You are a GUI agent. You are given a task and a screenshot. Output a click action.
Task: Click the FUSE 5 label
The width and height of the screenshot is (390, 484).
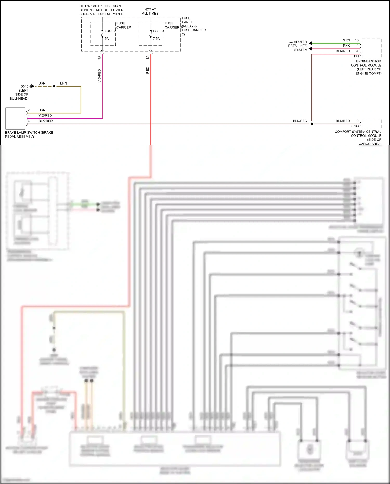(x=110, y=31)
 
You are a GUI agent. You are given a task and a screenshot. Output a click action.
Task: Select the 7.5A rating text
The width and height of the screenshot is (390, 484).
(x=156, y=39)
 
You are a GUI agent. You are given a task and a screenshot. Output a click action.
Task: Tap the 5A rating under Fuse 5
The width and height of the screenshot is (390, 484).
(x=107, y=39)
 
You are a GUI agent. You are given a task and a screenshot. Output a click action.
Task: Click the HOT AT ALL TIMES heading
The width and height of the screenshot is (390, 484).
(x=150, y=11)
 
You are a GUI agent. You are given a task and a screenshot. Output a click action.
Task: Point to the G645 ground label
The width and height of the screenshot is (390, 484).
(x=24, y=86)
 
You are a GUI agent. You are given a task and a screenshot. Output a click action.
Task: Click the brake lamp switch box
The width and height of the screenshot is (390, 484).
(x=15, y=118)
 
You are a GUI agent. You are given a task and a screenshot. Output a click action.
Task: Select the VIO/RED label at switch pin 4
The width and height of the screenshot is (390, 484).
(x=45, y=115)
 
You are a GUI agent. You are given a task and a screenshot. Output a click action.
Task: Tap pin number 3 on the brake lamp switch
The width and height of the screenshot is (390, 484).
(x=29, y=121)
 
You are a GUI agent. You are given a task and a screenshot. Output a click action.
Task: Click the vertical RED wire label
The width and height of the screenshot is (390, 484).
(x=148, y=70)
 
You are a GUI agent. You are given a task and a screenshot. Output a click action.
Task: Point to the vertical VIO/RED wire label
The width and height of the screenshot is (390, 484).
(x=99, y=76)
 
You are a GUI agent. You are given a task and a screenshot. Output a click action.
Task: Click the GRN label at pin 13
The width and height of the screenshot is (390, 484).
(x=346, y=40)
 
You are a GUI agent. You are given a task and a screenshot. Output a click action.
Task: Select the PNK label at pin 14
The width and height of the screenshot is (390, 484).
(x=346, y=46)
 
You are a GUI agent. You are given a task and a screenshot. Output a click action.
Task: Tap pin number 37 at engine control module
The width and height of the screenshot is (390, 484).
(x=356, y=51)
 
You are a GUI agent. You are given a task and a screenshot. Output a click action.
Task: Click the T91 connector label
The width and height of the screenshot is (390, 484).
(x=356, y=56)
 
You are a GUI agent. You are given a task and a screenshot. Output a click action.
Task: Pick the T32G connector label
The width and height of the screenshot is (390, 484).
(x=354, y=126)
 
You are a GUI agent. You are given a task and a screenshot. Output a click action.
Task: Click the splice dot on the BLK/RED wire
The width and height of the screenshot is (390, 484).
(x=312, y=124)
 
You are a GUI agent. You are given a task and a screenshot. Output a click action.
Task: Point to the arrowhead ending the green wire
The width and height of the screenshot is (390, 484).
(x=310, y=43)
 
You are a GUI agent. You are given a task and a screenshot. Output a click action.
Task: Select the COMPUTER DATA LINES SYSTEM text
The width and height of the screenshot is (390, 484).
(x=298, y=46)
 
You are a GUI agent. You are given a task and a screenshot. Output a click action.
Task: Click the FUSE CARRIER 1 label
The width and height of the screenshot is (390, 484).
(x=125, y=25)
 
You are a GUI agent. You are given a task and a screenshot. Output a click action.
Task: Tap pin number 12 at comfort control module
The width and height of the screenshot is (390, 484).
(x=356, y=121)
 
